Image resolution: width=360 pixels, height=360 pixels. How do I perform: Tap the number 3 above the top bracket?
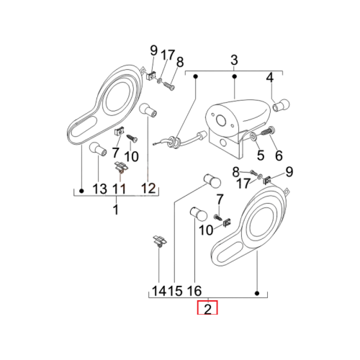234,60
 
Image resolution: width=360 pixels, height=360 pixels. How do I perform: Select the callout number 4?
270,78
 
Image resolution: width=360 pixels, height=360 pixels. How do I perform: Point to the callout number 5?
261,155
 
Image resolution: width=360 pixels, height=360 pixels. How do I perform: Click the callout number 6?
279,156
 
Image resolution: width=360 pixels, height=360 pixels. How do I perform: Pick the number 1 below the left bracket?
116,210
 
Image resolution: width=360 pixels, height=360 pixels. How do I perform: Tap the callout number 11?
120,189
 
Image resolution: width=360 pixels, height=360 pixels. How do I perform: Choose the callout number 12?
148,189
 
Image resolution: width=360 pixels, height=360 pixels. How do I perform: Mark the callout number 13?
99,189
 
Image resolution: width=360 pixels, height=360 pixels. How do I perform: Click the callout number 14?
159,291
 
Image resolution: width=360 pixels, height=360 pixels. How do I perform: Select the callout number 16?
194,291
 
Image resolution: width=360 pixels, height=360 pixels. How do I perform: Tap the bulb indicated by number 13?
98,149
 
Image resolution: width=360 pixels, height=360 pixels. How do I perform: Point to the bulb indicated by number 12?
148,110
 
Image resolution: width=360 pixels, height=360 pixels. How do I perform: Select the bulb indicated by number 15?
212,181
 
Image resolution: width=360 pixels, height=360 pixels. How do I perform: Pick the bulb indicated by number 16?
198,213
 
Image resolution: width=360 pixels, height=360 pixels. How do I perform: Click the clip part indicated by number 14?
160,241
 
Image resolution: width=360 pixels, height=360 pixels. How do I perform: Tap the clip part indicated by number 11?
121,166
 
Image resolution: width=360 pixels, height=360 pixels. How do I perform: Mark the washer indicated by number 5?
253,136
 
